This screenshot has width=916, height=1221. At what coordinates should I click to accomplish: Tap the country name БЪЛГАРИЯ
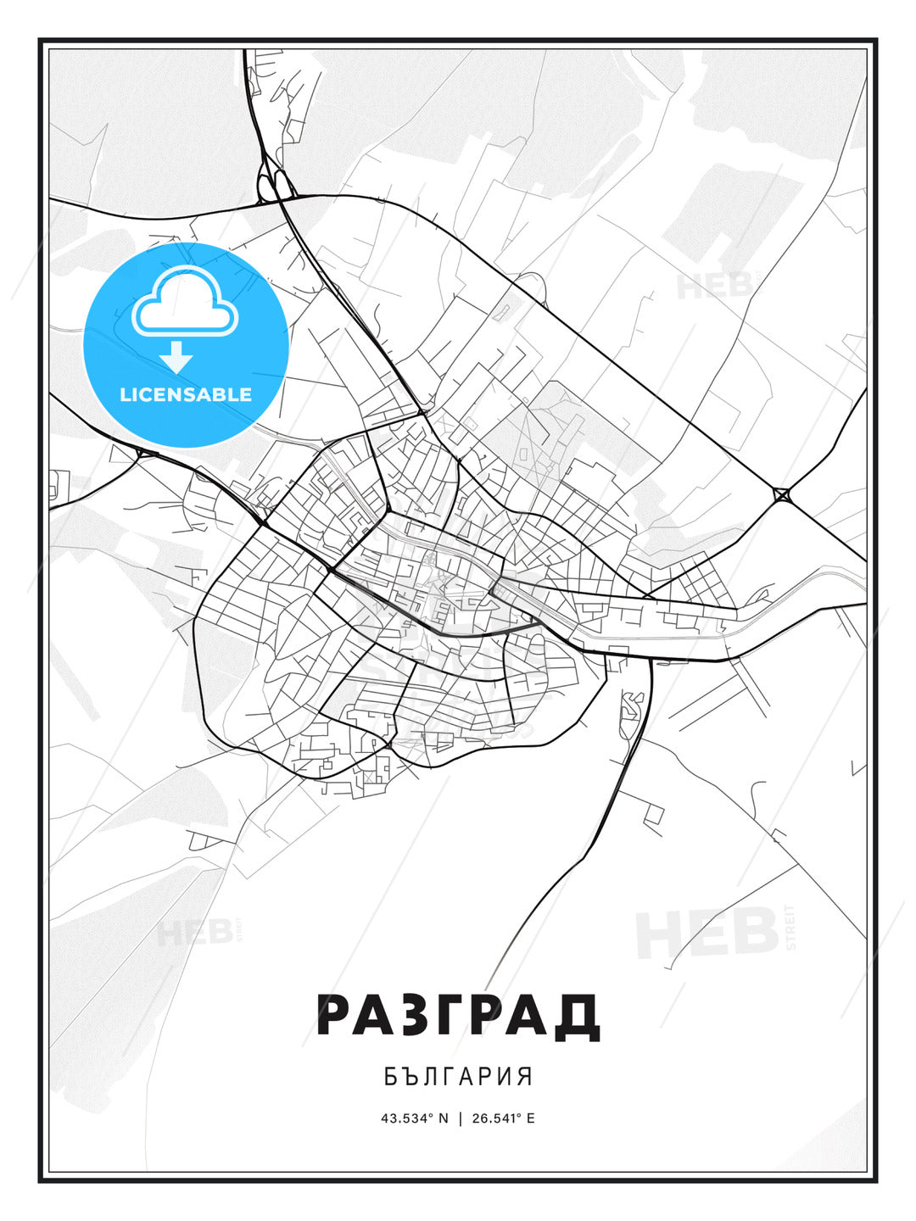point(458,1077)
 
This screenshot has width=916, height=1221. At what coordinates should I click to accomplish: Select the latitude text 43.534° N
point(414,1118)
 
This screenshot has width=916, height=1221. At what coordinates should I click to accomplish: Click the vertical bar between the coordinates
point(459,1118)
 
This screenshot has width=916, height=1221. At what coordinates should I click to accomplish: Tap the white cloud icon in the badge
point(185,301)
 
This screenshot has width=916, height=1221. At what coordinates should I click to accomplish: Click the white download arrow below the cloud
point(176,357)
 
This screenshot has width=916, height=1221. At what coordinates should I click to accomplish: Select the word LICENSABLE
point(186,394)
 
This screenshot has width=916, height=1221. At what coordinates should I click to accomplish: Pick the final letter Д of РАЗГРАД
point(578,1016)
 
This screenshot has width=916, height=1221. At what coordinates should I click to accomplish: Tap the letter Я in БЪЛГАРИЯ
point(526,1077)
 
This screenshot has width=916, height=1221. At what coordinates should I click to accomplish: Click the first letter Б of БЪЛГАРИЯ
point(390,1077)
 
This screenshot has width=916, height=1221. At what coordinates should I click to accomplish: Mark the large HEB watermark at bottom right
point(708,933)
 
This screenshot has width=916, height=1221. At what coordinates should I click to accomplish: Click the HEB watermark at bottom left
point(195,933)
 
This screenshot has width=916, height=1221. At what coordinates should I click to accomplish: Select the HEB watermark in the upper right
point(712,285)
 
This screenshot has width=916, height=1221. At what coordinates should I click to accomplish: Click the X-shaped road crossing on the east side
point(781,494)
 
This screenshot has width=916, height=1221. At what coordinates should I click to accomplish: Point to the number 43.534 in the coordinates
point(407,1118)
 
